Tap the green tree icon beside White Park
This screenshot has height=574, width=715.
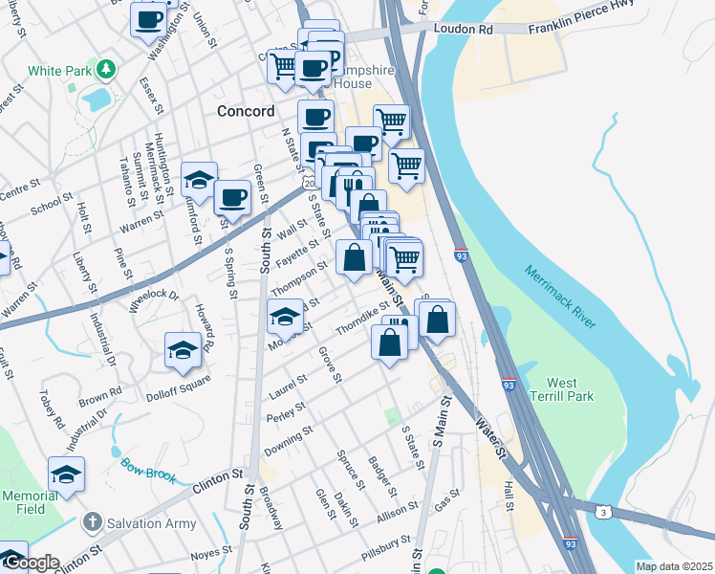(x=108, y=70)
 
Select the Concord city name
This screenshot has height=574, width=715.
(x=246, y=110)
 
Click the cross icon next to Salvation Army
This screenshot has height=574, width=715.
(x=92, y=522)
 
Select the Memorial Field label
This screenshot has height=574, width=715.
(x=30, y=502)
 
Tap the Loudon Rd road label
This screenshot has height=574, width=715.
(x=463, y=30)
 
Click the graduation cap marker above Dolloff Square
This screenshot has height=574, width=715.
(x=183, y=351)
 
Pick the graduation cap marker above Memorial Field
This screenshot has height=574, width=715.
(x=66, y=474)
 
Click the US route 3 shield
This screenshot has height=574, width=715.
(x=604, y=513)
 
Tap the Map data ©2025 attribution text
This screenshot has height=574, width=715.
(x=674, y=566)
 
